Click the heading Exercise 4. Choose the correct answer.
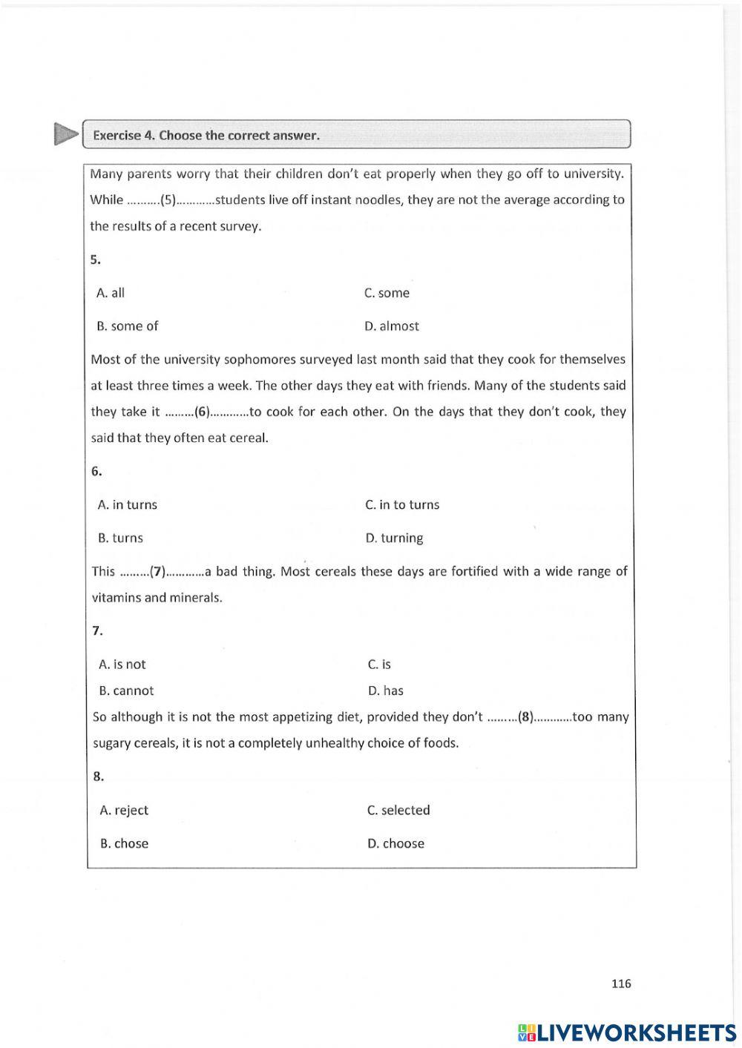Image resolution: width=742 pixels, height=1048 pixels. (x=206, y=136)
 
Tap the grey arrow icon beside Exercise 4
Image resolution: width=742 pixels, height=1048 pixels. (x=65, y=134)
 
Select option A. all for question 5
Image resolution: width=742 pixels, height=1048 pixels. (x=111, y=293)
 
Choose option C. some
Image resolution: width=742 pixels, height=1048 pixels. (x=387, y=293)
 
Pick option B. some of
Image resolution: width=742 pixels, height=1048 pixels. (x=128, y=326)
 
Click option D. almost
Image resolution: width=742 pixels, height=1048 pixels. (x=392, y=326)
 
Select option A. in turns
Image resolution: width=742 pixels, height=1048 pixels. (x=128, y=505)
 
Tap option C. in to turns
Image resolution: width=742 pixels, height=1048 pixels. (x=402, y=505)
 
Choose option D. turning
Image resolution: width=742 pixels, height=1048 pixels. (x=394, y=538)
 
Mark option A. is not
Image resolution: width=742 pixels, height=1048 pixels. (x=122, y=665)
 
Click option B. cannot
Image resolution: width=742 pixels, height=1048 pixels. (x=126, y=691)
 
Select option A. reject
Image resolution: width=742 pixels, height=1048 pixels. (x=124, y=811)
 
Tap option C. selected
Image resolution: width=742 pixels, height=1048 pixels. (x=398, y=811)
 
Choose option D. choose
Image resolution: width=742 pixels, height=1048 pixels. (x=395, y=844)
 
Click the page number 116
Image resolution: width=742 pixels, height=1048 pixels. (x=621, y=983)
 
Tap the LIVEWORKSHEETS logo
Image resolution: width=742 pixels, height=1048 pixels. (x=627, y=1032)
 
